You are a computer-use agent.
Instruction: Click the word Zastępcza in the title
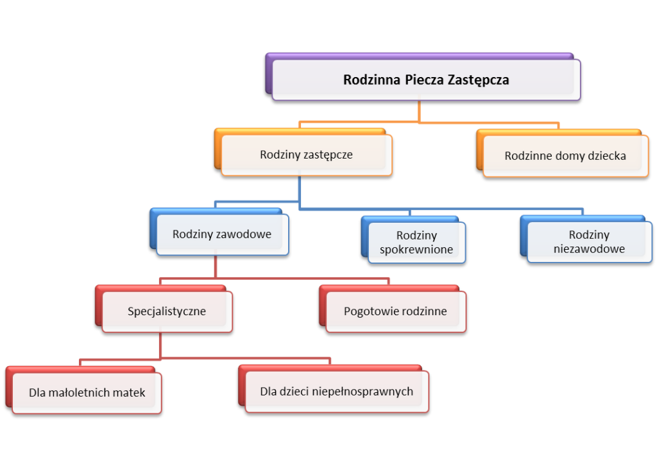point(478,80)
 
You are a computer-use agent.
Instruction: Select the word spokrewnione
point(416,250)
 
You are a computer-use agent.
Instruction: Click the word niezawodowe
point(589,249)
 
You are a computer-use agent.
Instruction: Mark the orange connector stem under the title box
point(419,112)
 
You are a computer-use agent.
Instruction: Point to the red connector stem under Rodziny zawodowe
point(216,266)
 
